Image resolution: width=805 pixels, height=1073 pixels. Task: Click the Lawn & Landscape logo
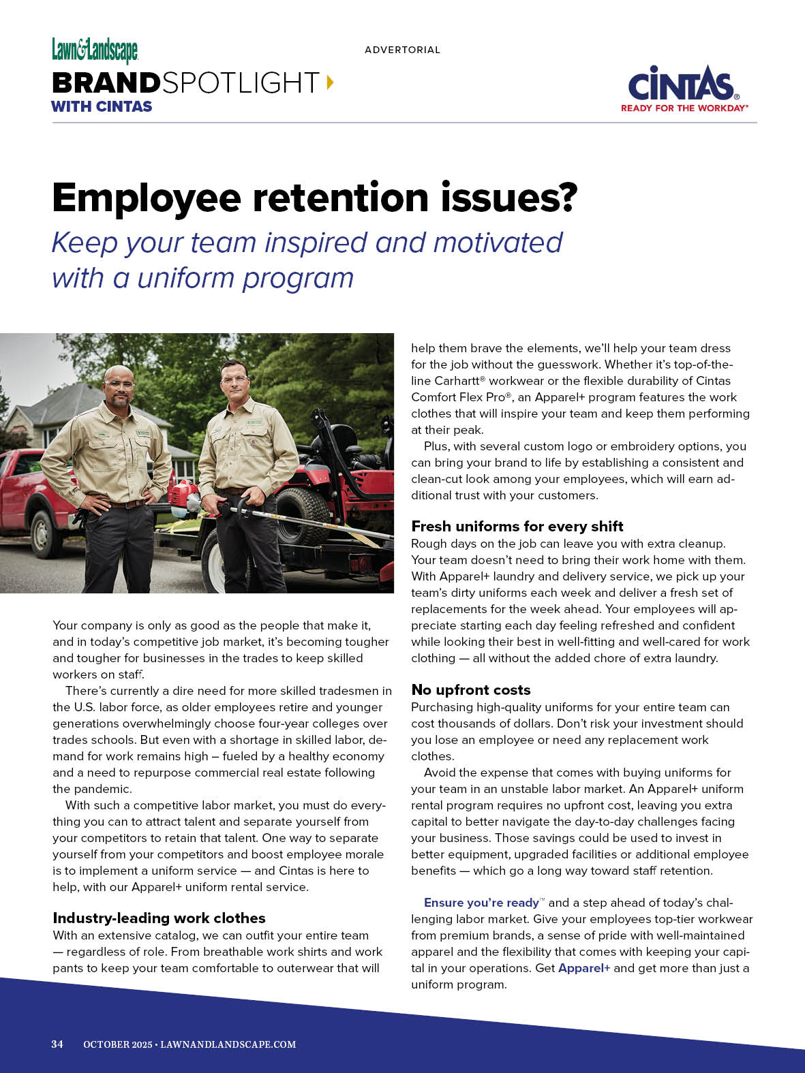[x=95, y=50]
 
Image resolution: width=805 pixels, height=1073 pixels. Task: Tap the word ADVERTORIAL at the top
[x=402, y=50]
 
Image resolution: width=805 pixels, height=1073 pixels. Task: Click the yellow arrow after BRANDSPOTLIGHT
[x=331, y=82]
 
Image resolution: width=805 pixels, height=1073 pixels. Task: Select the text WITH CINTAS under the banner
[x=102, y=106]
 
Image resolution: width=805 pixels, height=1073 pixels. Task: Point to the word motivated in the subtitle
[x=498, y=243]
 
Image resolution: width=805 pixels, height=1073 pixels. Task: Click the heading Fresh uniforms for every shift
[x=517, y=526]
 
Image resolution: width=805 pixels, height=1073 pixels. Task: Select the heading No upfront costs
[x=470, y=689]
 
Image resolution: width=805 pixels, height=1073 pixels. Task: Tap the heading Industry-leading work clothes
[x=159, y=918]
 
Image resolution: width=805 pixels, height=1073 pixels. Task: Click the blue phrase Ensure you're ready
[x=481, y=903]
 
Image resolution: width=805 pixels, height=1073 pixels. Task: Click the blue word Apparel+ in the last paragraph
[x=583, y=968]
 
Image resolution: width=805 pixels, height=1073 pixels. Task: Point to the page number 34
[x=57, y=1044]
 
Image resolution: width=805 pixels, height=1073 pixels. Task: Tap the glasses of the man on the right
[x=234, y=379]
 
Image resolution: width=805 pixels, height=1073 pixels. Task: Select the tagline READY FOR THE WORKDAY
[x=683, y=108]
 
